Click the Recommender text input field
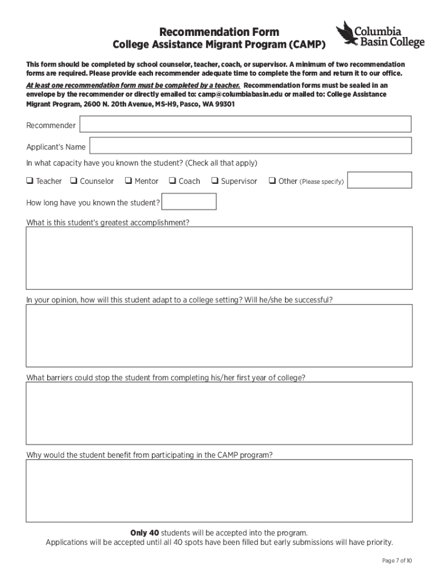pyautogui.click(x=245, y=124)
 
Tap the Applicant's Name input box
pyautogui.click(x=250, y=146)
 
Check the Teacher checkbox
pyautogui.click(x=29, y=181)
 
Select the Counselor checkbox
pyautogui.click(x=74, y=181)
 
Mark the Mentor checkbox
pyautogui.click(x=129, y=181)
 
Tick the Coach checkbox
pyautogui.click(x=172, y=181)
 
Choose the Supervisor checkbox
pyautogui.click(x=215, y=181)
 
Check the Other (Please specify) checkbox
pyautogui.click(x=272, y=181)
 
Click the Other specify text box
pyautogui.click(x=379, y=180)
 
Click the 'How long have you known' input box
pyautogui.click(x=189, y=202)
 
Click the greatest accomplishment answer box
pyautogui.click(x=219, y=258)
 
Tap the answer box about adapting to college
pyautogui.click(x=219, y=335)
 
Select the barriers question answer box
pyautogui.click(x=219, y=413)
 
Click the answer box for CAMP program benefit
pyautogui.click(x=219, y=490)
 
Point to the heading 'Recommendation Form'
pyautogui.click(x=219, y=32)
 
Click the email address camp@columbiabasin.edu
pyautogui.click(x=239, y=95)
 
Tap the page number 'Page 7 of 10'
pyautogui.click(x=396, y=561)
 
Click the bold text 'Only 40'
pyautogui.click(x=144, y=533)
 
